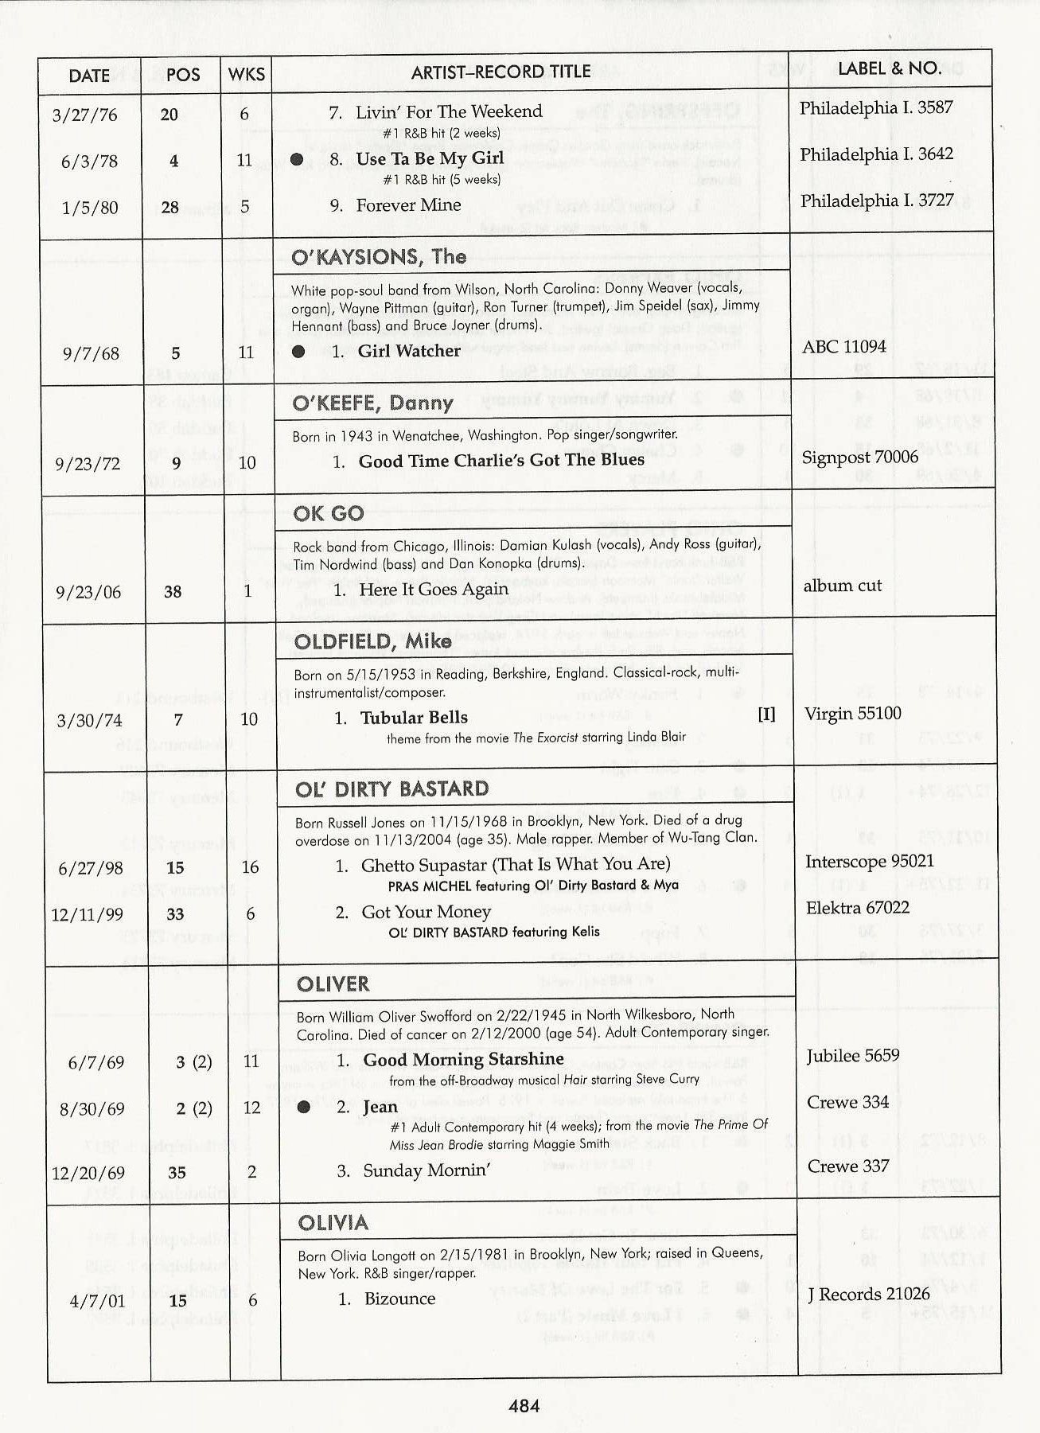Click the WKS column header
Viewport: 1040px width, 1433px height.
pyautogui.click(x=246, y=75)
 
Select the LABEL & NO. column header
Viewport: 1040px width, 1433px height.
pyautogui.click(x=890, y=68)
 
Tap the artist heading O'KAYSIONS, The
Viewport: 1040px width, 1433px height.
pyautogui.click(x=379, y=256)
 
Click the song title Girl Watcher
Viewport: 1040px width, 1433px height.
pyautogui.click(x=409, y=351)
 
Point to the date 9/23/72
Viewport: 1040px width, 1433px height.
pyautogui.click(x=88, y=463)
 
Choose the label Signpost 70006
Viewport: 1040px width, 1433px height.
pyautogui.click(x=859, y=457)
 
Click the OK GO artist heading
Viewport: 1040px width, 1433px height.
pyautogui.click(x=328, y=513)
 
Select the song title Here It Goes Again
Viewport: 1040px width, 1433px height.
pyautogui.click(x=434, y=589)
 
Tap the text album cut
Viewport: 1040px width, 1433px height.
pyautogui.click(x=843, y=586)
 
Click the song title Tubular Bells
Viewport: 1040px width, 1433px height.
pyautogui.click(x=414, y=718)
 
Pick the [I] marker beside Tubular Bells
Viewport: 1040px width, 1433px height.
pyautogui.click(x=766, y=714)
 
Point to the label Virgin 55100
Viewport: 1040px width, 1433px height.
pyautogui.click(x=853, y=713)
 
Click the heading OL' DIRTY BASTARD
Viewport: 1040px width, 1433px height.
pyautogui.click(x=392, y=789)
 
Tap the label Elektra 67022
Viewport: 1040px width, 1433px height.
pyautogui.click(x=857, y=908)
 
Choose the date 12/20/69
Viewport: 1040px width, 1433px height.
pyautogui.click(x=88, y=1173)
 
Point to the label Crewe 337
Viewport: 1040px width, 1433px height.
pyautogui.click(x=848, y=1166)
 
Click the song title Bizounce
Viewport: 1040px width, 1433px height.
pyautogui.click(x=399, y=1299)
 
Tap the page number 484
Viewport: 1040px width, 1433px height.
pyautogui.click(x=524, y=1406)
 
